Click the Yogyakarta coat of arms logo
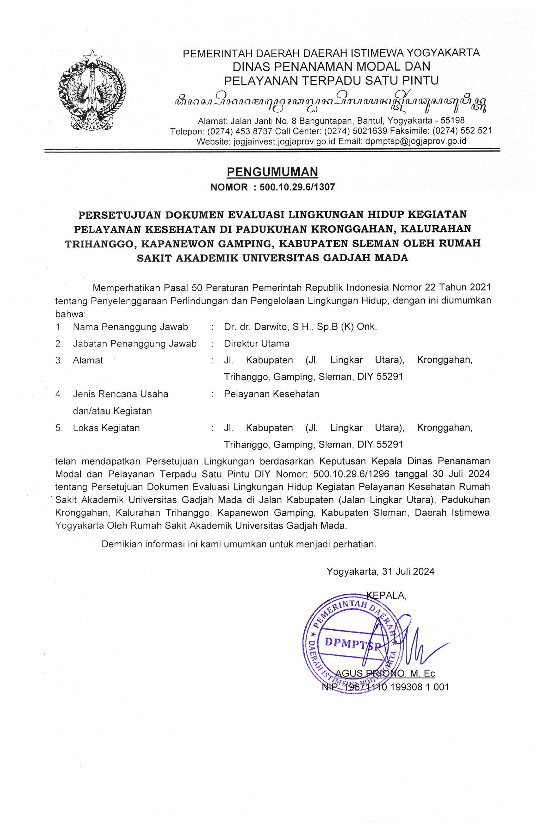(x=92, y=91)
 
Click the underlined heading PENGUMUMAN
(x=272, y=172)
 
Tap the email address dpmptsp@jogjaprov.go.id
(x=415, y=141)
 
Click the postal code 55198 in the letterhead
(x=452, y=121)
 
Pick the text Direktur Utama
(x=257, y=343)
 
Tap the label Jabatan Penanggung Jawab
(x=135, y=343)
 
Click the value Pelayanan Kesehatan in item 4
(x=272, y=394)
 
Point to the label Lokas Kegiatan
(x=106, y=428)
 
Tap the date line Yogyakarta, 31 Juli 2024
(x=380, y=571)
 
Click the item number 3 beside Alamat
(x=59, y=360)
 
